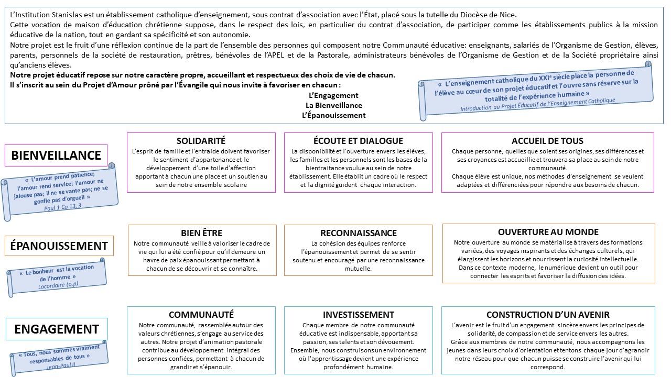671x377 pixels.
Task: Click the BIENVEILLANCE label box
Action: [56, 155]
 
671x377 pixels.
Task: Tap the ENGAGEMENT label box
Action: [57, 329]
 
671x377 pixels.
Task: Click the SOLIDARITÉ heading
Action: [201, 141]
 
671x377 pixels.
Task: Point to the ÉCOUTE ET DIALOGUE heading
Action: [358, 141]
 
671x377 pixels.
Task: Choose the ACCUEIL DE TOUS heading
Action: [547, 141]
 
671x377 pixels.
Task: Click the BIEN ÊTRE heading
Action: [201, 233]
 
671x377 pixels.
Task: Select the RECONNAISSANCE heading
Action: [359, 233]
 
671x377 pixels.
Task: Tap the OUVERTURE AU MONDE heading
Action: [548, 232]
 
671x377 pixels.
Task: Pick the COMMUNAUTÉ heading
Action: [201, 315]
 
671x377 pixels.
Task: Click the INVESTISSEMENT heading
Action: [358, 315]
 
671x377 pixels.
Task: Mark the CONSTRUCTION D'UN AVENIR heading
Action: [548, 315]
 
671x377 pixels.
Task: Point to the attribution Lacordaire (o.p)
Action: [57, 286]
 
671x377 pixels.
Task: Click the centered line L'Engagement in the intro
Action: [333, 95]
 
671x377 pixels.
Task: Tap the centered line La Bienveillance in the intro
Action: [334, 105]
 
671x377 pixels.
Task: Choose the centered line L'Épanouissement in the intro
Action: [333, 115]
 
